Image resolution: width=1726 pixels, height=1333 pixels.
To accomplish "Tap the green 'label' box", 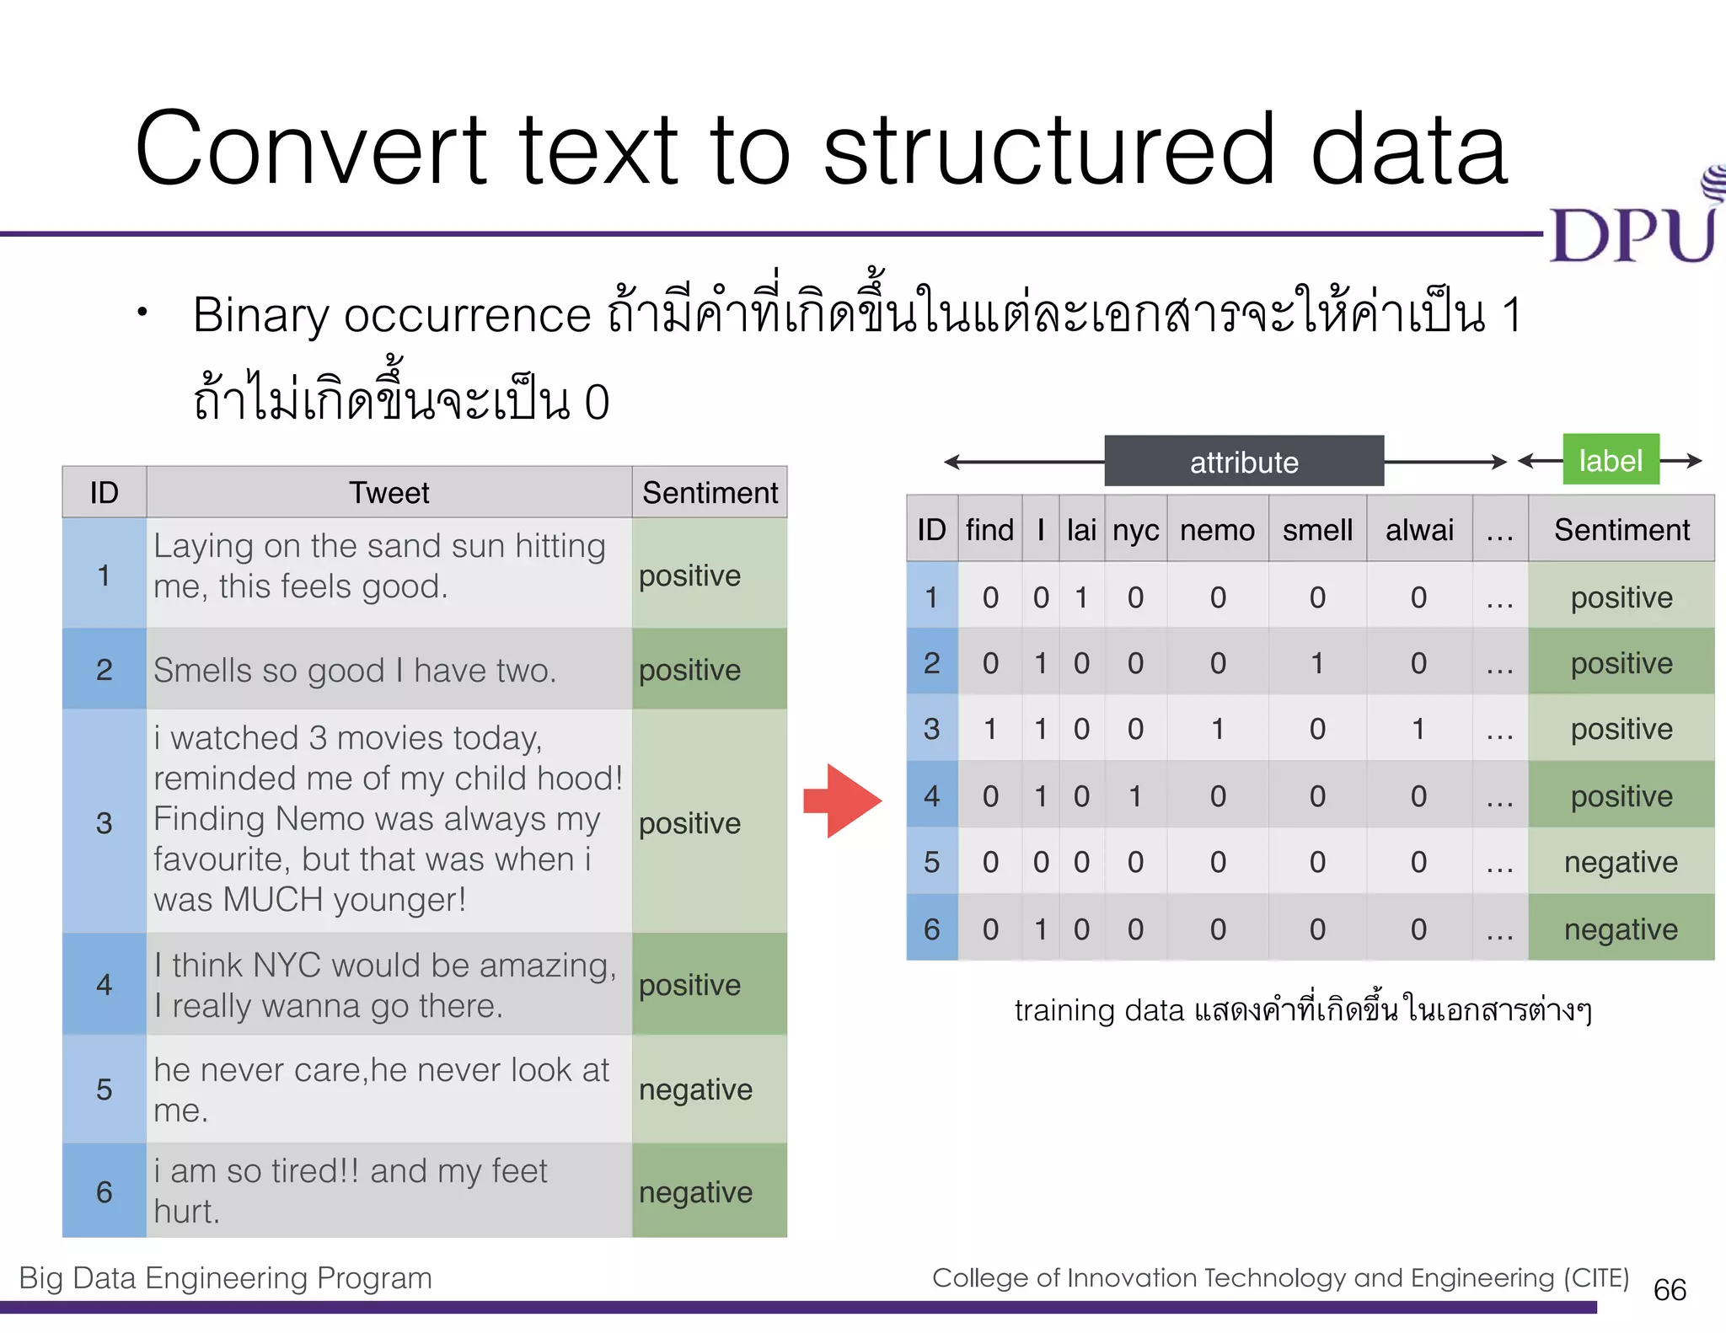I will (x=1611, y=460).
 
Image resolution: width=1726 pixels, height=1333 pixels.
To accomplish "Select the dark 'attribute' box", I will (x=1244, y=462).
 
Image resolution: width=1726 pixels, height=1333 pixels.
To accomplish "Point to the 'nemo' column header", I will (x=1217, y=530).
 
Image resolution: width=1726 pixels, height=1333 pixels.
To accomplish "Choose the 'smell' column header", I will (x=1317, y=530).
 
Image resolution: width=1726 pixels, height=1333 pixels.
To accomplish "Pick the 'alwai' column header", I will (x=1419, y=530).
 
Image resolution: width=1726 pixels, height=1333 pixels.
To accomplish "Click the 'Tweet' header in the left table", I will (x=389, y=492).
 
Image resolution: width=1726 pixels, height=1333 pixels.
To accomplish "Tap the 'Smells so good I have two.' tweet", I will (x=355, y=671).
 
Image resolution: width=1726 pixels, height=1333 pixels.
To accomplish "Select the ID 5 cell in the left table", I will (x=104, y=1089).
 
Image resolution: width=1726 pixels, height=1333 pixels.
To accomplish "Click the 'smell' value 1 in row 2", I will (x=1317, y=663).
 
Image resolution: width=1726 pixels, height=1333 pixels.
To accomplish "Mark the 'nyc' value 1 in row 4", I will (x=1135, y=796).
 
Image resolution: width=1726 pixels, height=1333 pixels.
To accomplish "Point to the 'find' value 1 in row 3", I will (x=990, y=729).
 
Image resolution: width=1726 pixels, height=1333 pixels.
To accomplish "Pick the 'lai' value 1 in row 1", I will (x=1081, y=597).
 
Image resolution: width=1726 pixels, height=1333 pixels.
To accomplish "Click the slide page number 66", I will (x=1670, y=1290).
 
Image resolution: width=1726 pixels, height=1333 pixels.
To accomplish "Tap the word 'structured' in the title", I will (x=1048, y=150).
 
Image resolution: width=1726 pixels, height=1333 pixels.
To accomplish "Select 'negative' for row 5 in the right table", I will (x=1621, y=862).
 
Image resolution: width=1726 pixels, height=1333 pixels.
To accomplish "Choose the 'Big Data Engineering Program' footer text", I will (x=225, y=1278).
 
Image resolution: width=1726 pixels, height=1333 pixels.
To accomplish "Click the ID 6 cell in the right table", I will (x=931, y=929).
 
